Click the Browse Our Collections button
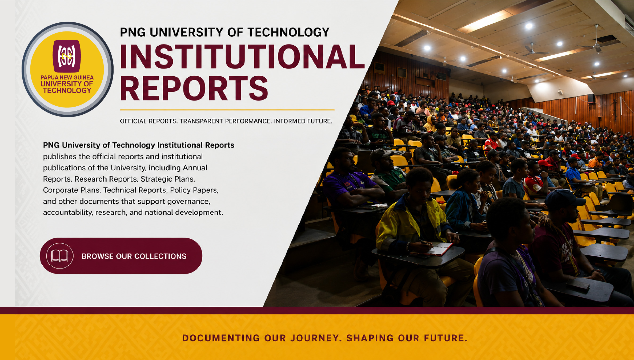[x=121, y=256]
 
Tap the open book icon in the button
[x=60, y=256]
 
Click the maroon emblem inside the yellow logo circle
[x=67, y=56]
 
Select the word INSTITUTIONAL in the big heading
[x=242, y=57]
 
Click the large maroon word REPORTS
[x=194, y=88]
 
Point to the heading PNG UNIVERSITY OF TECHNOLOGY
[x=225, y=32]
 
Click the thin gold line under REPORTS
[x=227, y=110]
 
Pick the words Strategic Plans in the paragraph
[x=168, y=179]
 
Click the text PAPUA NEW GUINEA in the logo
[x=67, y=78]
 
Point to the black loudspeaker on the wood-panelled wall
[x=591, y=98]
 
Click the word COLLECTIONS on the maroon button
[x=160, y=256]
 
